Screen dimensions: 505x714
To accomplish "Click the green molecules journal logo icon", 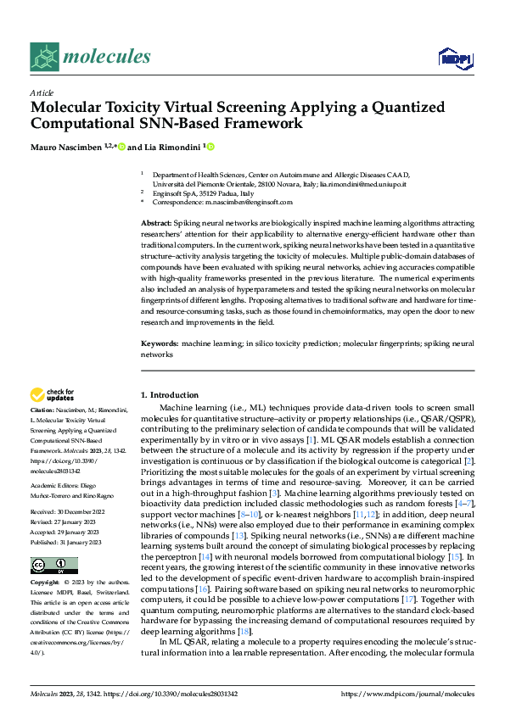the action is pyautogui.click(x=44, y=57).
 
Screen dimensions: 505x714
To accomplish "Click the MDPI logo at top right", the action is pyautogui.click(x=454, y=57).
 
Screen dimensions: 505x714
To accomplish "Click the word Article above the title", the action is pyautogui.click(x=42, y=92).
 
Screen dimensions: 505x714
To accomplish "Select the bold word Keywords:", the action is pyautogui.click(x=160, y=345).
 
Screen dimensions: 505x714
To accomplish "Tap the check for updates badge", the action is pyautogui.click(x=52, y=393).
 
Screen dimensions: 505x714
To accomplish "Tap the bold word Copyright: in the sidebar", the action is pyautogui.click(x=45, y=584).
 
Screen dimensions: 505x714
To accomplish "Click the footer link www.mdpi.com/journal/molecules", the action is pyautogui.click(x=429, y=693).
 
